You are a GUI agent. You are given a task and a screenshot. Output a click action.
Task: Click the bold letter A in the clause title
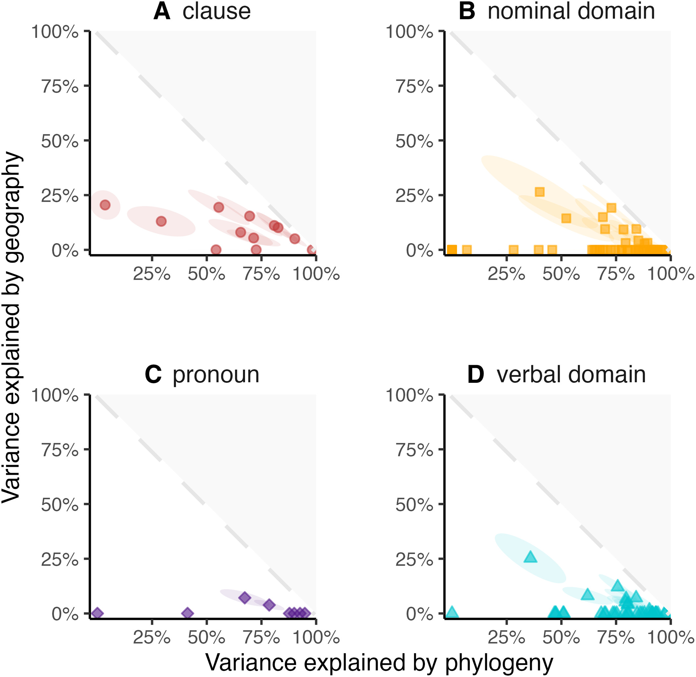pos(162,11)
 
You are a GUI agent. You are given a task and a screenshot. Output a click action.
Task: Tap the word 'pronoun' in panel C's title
pos(216,375)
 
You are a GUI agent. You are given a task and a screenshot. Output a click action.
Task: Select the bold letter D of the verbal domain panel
pos(475,375)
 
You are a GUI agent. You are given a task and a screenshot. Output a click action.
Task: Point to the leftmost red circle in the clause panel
pos(105,205)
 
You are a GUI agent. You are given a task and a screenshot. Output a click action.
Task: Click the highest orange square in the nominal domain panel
pos(539,192)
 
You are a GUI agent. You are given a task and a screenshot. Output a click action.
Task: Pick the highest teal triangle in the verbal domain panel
pos(530,557)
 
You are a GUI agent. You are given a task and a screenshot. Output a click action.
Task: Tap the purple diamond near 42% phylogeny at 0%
pos(188,613)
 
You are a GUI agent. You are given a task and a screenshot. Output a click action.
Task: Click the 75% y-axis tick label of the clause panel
pos(60,86)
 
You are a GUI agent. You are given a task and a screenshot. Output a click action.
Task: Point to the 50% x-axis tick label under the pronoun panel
pos(206,638)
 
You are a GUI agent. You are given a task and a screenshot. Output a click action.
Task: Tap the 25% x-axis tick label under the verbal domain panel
pos(506,638)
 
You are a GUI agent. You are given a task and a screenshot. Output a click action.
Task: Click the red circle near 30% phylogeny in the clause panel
pos(161,221)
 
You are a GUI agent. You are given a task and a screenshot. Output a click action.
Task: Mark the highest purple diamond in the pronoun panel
pos(245,598)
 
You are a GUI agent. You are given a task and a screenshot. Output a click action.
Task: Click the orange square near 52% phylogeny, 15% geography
pos(566,218)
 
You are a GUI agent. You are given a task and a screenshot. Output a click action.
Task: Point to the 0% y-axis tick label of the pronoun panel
pos(65,614)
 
